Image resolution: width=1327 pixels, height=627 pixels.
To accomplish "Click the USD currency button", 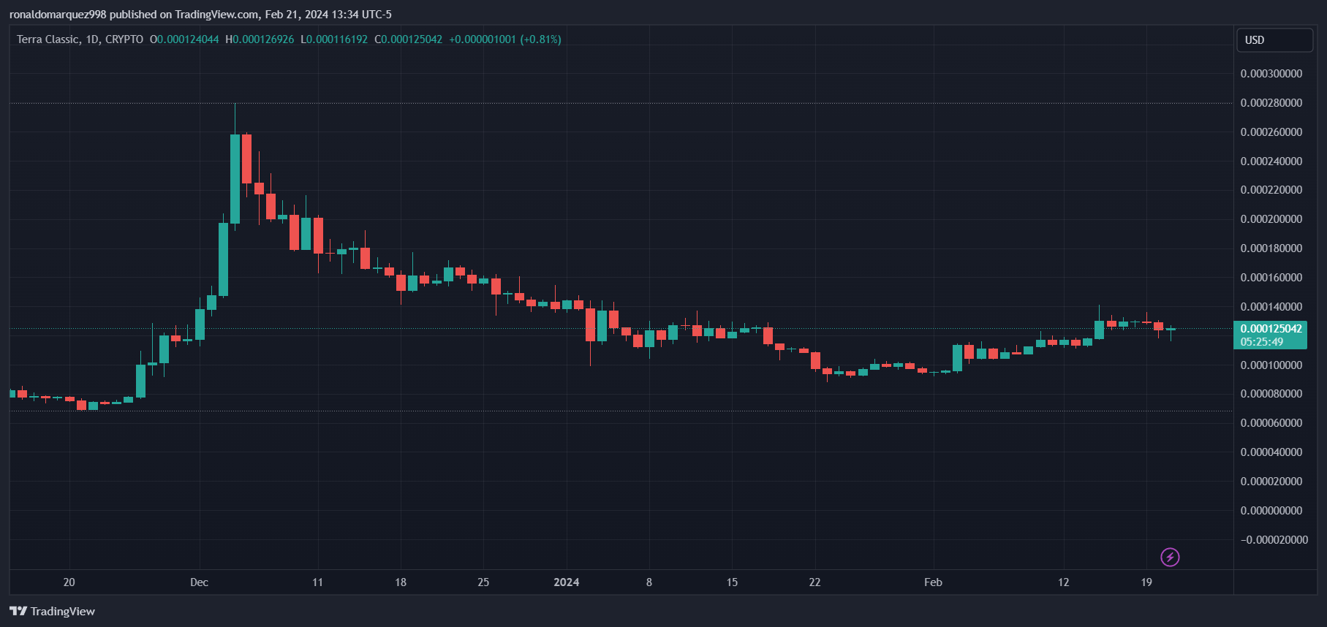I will tap(1273, 40).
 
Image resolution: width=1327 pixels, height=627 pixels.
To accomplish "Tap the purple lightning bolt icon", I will tap(1170, 558).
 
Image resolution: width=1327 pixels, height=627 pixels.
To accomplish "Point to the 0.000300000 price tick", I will tap(1271, 74).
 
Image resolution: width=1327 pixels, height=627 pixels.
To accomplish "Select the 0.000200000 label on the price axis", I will tap(1271, 219).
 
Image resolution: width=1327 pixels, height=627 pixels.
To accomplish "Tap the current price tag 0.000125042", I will tap(1271, 329).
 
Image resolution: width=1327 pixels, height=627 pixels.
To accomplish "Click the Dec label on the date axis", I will tap(199, 582).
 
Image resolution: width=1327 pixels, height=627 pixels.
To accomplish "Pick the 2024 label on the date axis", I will tap(566, 582).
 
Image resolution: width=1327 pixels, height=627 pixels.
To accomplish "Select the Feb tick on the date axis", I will tap(933, 582).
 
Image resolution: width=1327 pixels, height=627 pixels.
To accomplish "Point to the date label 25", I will tap(483, 582).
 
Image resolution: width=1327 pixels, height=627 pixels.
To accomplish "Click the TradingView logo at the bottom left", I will tap(53, 612).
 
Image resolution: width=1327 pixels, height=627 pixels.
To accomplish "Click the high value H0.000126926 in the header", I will tap(260, 39).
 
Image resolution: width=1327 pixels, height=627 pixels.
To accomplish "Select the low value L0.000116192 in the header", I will tap(334, 39).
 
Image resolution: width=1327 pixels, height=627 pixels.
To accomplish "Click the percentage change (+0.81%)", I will tap(540, 39).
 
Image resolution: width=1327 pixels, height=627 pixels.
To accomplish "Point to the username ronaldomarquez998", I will tap(58, 15).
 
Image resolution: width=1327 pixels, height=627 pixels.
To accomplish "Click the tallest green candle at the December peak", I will tap(235, 178).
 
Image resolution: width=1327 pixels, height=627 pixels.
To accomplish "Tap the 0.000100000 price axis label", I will tap(1271, 365).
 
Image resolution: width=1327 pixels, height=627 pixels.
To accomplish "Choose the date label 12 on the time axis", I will tap(1063, 582).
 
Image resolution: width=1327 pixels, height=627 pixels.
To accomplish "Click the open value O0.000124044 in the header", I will tap(184, 39).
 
